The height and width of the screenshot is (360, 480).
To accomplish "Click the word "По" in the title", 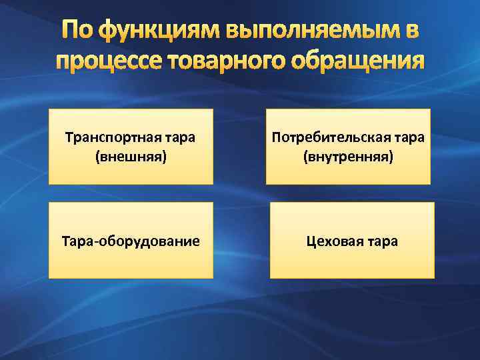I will pyautogui.click(x=77, y=31).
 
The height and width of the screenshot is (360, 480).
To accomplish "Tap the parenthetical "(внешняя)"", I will pyautogui.click(x=131, y=157).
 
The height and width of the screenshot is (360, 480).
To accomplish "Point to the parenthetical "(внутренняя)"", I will pyautogui.click(x=348, y=157).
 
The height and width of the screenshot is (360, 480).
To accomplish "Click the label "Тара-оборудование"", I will pyautogui.click(x=131, y=241).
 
